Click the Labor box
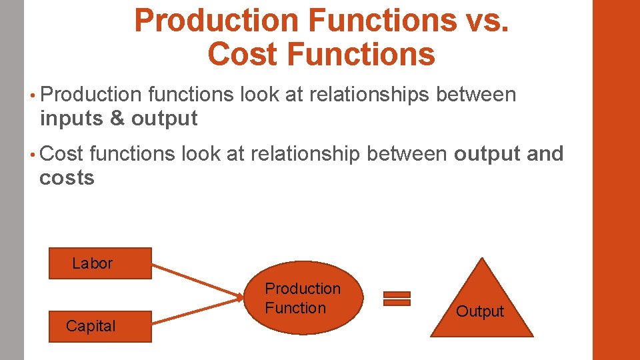coord(100,263)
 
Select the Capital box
coord(100,326)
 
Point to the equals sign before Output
coord(397,299)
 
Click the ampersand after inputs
coord(117,119)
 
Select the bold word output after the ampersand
coord(165,119)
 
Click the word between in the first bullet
coord(476,95)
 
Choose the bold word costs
coord(67,178)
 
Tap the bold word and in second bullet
coord(545,154)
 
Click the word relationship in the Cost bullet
coord(306,154)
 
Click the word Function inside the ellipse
coord(295,308)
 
